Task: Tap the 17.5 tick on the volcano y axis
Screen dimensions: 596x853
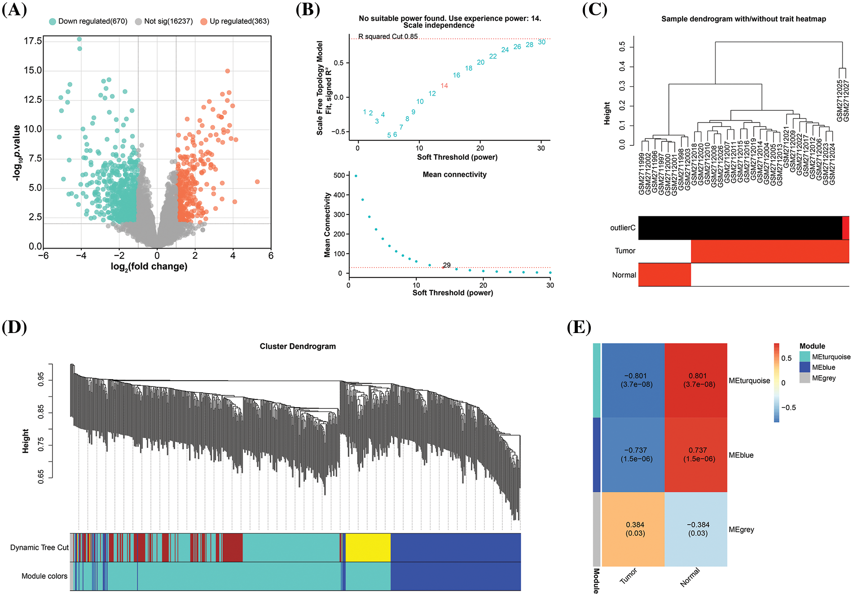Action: click(x=33, y=41)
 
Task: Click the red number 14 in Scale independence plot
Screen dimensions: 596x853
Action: click(x=444, y=86)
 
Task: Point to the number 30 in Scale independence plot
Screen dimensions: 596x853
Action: click(x=541, y=42)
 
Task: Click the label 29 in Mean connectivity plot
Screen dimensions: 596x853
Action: click(x=447, y=265)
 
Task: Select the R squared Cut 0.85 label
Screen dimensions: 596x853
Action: click(x=388, y=36)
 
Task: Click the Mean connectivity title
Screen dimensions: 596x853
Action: click(x=454, y=174)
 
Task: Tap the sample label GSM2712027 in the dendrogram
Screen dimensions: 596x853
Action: click(x=846, y=101)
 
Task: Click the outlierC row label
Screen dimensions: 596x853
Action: click(x=623, y=228)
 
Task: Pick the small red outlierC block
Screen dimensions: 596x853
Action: click(x=845, y=228)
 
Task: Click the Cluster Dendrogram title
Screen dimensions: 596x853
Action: click(x=298, y=346)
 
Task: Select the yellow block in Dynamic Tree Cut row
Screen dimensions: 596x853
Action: click(x=368, y=547)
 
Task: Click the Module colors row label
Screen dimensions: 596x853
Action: click(x=44, y=576)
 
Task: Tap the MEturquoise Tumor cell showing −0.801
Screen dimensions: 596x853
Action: click(x=633, y=380)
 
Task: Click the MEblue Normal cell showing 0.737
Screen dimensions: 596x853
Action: click(x=696, y=454)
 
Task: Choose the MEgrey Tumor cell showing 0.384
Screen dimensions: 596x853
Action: click(x=633, y=529)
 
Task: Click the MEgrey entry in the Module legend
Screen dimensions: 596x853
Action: click(x=823, y=378)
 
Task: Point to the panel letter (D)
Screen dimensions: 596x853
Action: click(x=14, y=327)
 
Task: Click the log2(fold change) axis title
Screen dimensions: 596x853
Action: click(x=149, y=267)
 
